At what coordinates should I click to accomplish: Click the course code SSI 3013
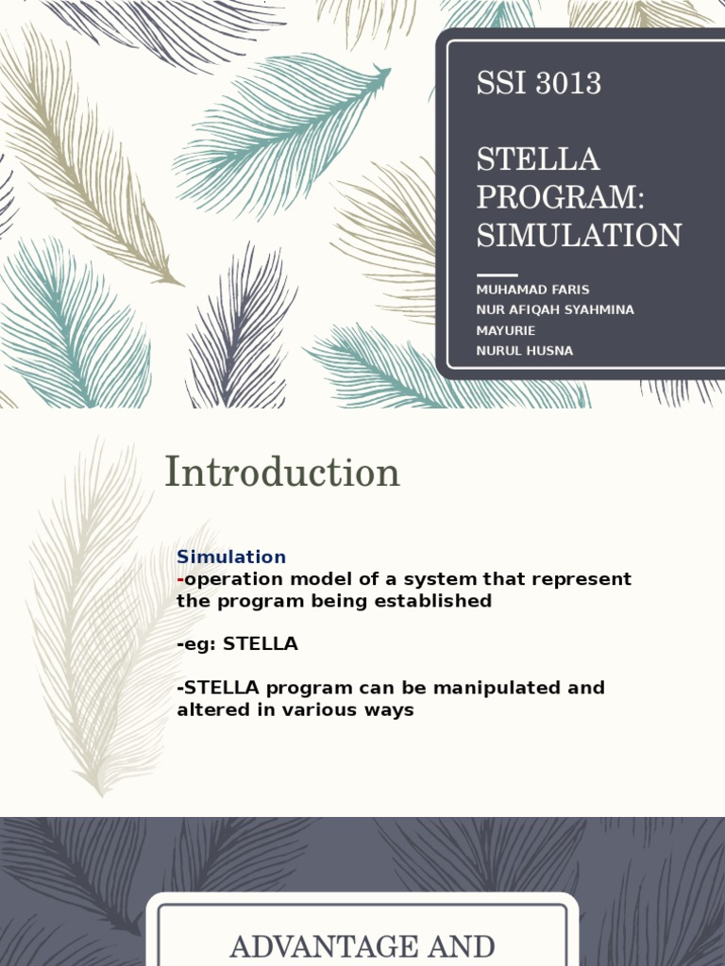(538, 84)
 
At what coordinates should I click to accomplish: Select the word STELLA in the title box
(537, 159)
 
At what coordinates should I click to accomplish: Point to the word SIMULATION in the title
(579, 235)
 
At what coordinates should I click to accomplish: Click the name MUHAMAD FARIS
(532, 290)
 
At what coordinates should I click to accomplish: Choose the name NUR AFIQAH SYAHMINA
(555, 310)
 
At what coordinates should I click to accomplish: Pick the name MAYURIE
(506, 330)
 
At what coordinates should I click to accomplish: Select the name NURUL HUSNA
(524, 351)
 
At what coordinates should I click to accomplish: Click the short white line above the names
(497, 275)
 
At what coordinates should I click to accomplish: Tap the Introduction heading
(282, 473)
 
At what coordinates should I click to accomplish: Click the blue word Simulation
(231, 557)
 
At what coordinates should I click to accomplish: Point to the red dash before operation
(180, 578)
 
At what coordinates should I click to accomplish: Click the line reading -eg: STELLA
(237, 644)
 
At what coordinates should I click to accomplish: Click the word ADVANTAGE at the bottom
(321, 946)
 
